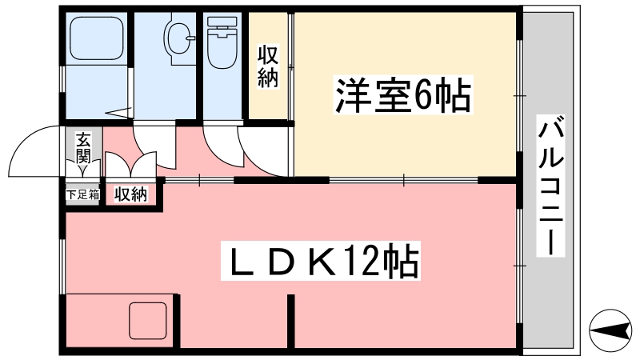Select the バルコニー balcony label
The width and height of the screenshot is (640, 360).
(x=550, y=186)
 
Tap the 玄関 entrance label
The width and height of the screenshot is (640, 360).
(x=82, y=148)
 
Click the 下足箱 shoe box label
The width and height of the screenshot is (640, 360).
(x=82, y=194)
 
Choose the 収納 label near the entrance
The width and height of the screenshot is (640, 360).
(x=131, y=194)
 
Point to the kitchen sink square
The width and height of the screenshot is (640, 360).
(x=150, y=321)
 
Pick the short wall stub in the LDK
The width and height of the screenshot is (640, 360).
(x=292, y=319)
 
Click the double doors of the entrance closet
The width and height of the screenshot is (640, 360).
(x=130, y=166)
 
